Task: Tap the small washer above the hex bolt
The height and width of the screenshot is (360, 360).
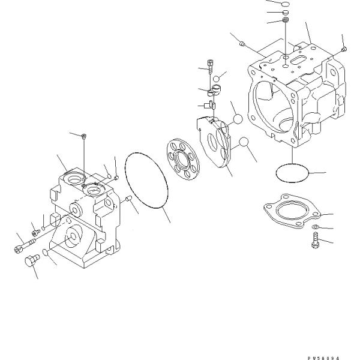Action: point(315,226)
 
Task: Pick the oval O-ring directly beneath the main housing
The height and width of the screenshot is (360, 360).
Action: point(292,173)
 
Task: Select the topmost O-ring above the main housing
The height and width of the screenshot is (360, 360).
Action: point(286,3)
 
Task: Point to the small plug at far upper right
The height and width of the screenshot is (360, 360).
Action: point(343,49)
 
